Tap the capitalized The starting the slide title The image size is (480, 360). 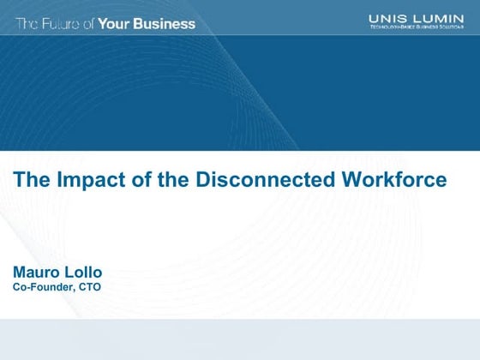tap(31, 180)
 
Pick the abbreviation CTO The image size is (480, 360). tap(90, 288)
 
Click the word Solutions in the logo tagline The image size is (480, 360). tap(454, 28)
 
